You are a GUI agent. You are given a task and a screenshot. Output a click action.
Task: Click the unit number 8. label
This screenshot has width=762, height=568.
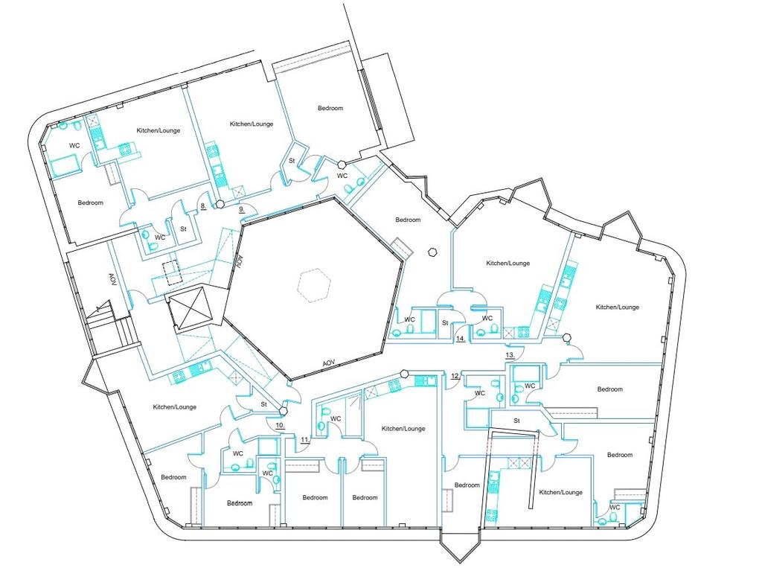[x=204, y=206]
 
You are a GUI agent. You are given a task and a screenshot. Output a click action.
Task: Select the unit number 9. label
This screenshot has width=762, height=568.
[x=242, y=210]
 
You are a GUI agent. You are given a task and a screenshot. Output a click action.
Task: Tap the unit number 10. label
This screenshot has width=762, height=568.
[x=280, y=425]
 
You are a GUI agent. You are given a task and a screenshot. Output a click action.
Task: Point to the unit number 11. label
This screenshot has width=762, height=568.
[x=304, y=441]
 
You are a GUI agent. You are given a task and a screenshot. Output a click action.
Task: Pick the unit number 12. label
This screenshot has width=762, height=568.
[x=455, y=376]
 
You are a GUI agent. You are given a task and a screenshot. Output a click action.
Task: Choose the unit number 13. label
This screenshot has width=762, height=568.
[x=510, y=356]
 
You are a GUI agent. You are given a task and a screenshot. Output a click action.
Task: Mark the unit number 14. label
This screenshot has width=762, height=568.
[x=461, y=339]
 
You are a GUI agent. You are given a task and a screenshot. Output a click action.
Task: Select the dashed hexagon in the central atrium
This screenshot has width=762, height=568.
[x=314, y=285]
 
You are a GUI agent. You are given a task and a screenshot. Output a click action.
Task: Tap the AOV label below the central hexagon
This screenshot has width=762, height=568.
[x=329, y=363]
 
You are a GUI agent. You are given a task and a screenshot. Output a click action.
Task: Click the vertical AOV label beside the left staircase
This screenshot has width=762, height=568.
[x=112, y=279]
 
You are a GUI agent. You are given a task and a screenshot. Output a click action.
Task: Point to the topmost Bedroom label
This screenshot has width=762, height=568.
[x=330, y=108]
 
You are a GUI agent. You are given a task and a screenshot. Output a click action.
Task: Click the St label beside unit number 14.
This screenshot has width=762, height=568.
[x=445, y=323]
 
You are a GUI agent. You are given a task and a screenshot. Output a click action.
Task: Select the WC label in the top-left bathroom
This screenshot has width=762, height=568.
[x=74, y=145]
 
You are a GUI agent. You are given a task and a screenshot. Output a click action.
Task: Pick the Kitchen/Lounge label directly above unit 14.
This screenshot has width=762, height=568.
[x=508, y=263]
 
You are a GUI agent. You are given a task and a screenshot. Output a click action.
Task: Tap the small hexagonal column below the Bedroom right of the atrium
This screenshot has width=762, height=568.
[x=432, y=252]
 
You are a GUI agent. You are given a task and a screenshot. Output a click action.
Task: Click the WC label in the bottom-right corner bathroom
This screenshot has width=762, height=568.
[x=615, y=507]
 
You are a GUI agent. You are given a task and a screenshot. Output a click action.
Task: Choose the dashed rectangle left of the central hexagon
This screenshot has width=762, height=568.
[x=171, y=272]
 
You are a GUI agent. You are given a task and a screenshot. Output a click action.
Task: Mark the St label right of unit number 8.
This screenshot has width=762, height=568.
[x=183, y=229]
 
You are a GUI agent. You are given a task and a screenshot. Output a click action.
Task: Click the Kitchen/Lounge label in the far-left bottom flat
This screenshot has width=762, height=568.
[x=174, y=407]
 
